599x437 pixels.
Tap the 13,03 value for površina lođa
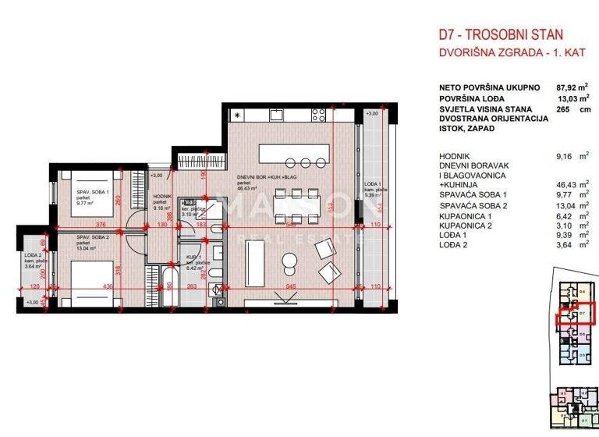point(544,100)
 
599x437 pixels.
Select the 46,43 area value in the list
point(544,183)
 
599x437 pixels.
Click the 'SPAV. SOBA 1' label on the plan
point(92,191)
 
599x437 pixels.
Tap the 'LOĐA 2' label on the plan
point(32,256)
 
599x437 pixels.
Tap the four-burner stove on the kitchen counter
point(319,115)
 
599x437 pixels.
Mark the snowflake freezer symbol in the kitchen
point(236,115)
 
